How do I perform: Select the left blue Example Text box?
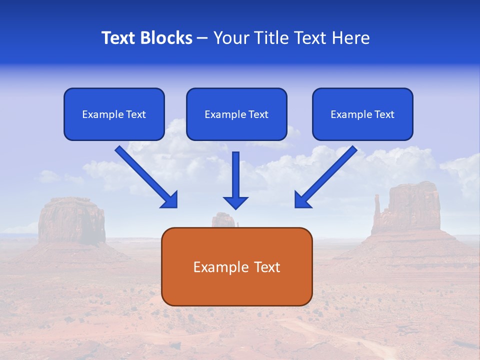pyautogui.click(x=114, y=114)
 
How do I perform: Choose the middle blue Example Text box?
pyautogui.click(x=236, y=114)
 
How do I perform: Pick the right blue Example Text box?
pyautogui.click(x=362, y=114)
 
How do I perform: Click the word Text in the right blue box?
pyautogui.click(x=384, y=114)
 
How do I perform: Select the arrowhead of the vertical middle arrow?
pyautogui.click(x=235, y=202)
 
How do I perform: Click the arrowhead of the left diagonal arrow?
pyautogui.click(x=170, y=200)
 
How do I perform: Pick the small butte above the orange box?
pyautogui.click(x=223, y=220)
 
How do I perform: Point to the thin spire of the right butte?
pyautogui.click(x=376, y=207)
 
